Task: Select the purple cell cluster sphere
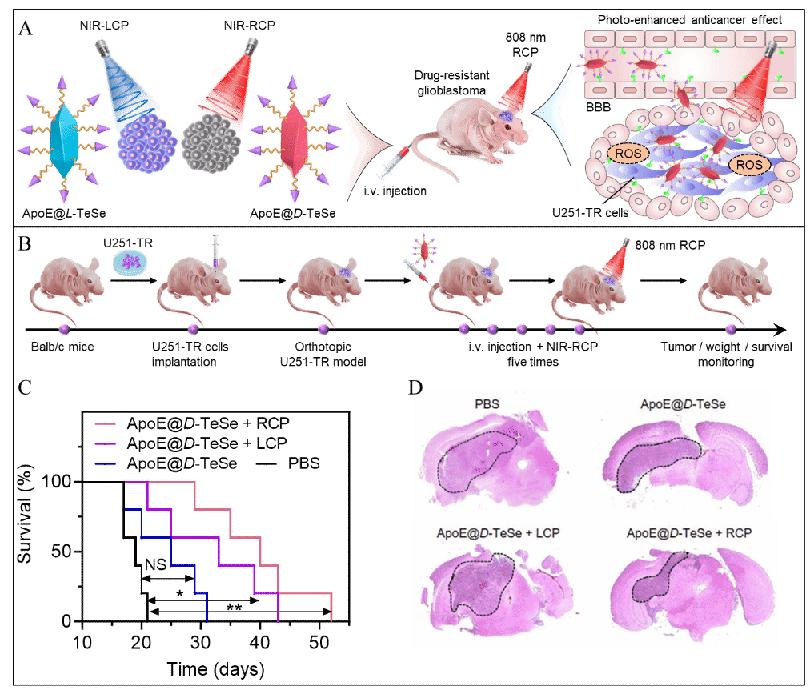pyautogui.click(x=148, y=142)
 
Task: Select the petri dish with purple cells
pyautogui.click(x=129, y=261)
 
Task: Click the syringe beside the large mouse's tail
pyautogui.click(x=394, y=162)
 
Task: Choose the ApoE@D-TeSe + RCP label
pyautogui.click(x=689, y=533)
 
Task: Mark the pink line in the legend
pyautogui.click(x=105, y=423)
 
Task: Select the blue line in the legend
pyautogui.click(x=105, y=463)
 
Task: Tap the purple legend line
pyautogui.click(x=105, y=443)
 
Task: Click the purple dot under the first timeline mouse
pyautogui.click(x=64, y=329)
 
